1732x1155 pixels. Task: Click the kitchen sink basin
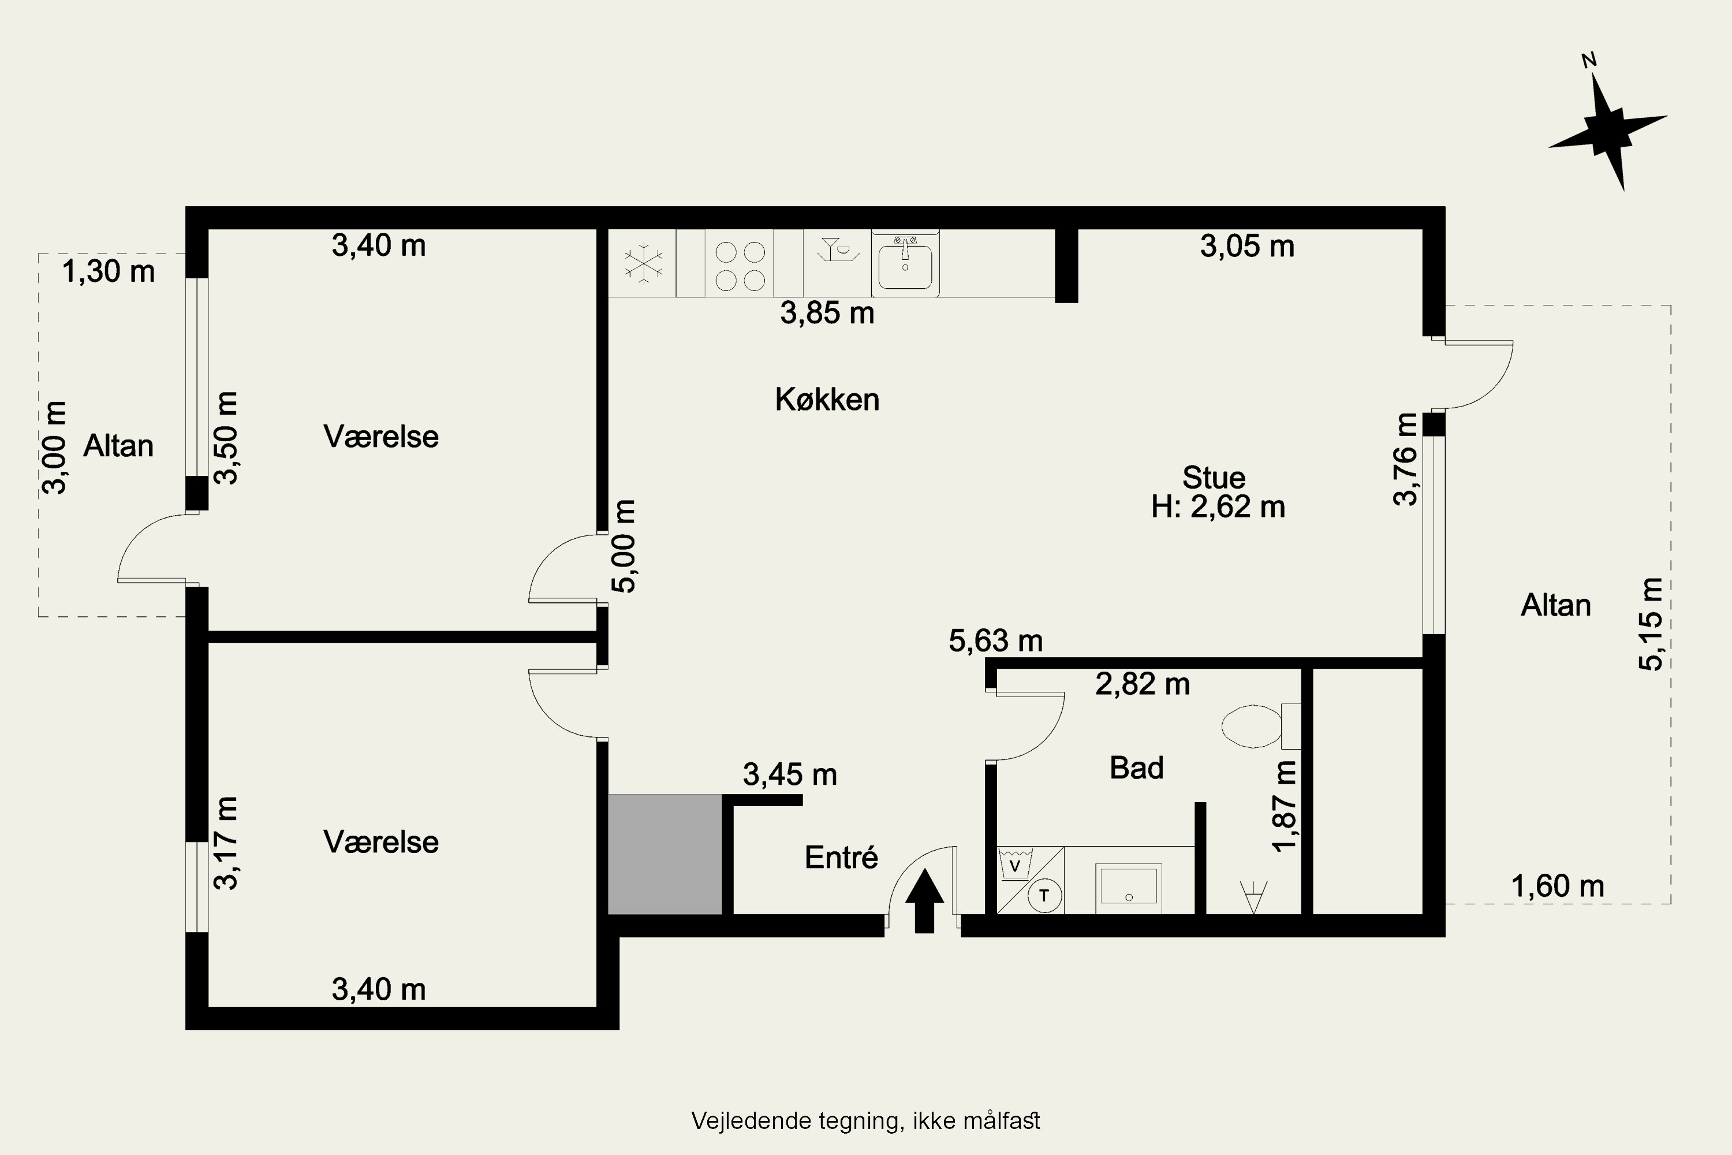pyautogui.click(x=905, y=267)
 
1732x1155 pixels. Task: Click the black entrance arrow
pyautogui.click(x=924, y=900)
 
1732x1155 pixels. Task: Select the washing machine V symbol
pyautogui.click(x=1016, y=864)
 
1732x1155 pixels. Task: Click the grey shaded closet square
pyautogui.click(x=665, y=855)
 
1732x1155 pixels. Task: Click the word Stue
pyautogui.click(x=1214, y=478)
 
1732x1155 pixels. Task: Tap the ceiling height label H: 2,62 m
pyautogui.click(x=1218, y=508)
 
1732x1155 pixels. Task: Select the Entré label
pyautogui.click(x=841, y=858)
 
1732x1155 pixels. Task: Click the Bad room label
pyautogui.click(x=1136, y=768)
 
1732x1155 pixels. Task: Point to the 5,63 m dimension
pyautogui.click(x=995, y=641)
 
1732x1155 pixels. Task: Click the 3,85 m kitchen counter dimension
pyautogui.click(x=827, y=314)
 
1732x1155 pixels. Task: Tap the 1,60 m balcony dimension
pyautogui.click(x=1558, y=885)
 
